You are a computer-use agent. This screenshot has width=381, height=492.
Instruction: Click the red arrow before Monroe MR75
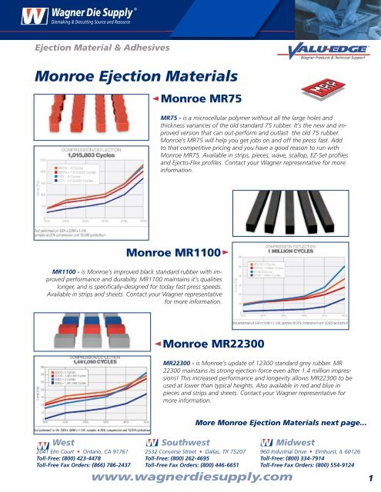[155, 99]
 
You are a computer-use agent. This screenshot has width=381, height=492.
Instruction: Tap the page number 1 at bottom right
[369, 478]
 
